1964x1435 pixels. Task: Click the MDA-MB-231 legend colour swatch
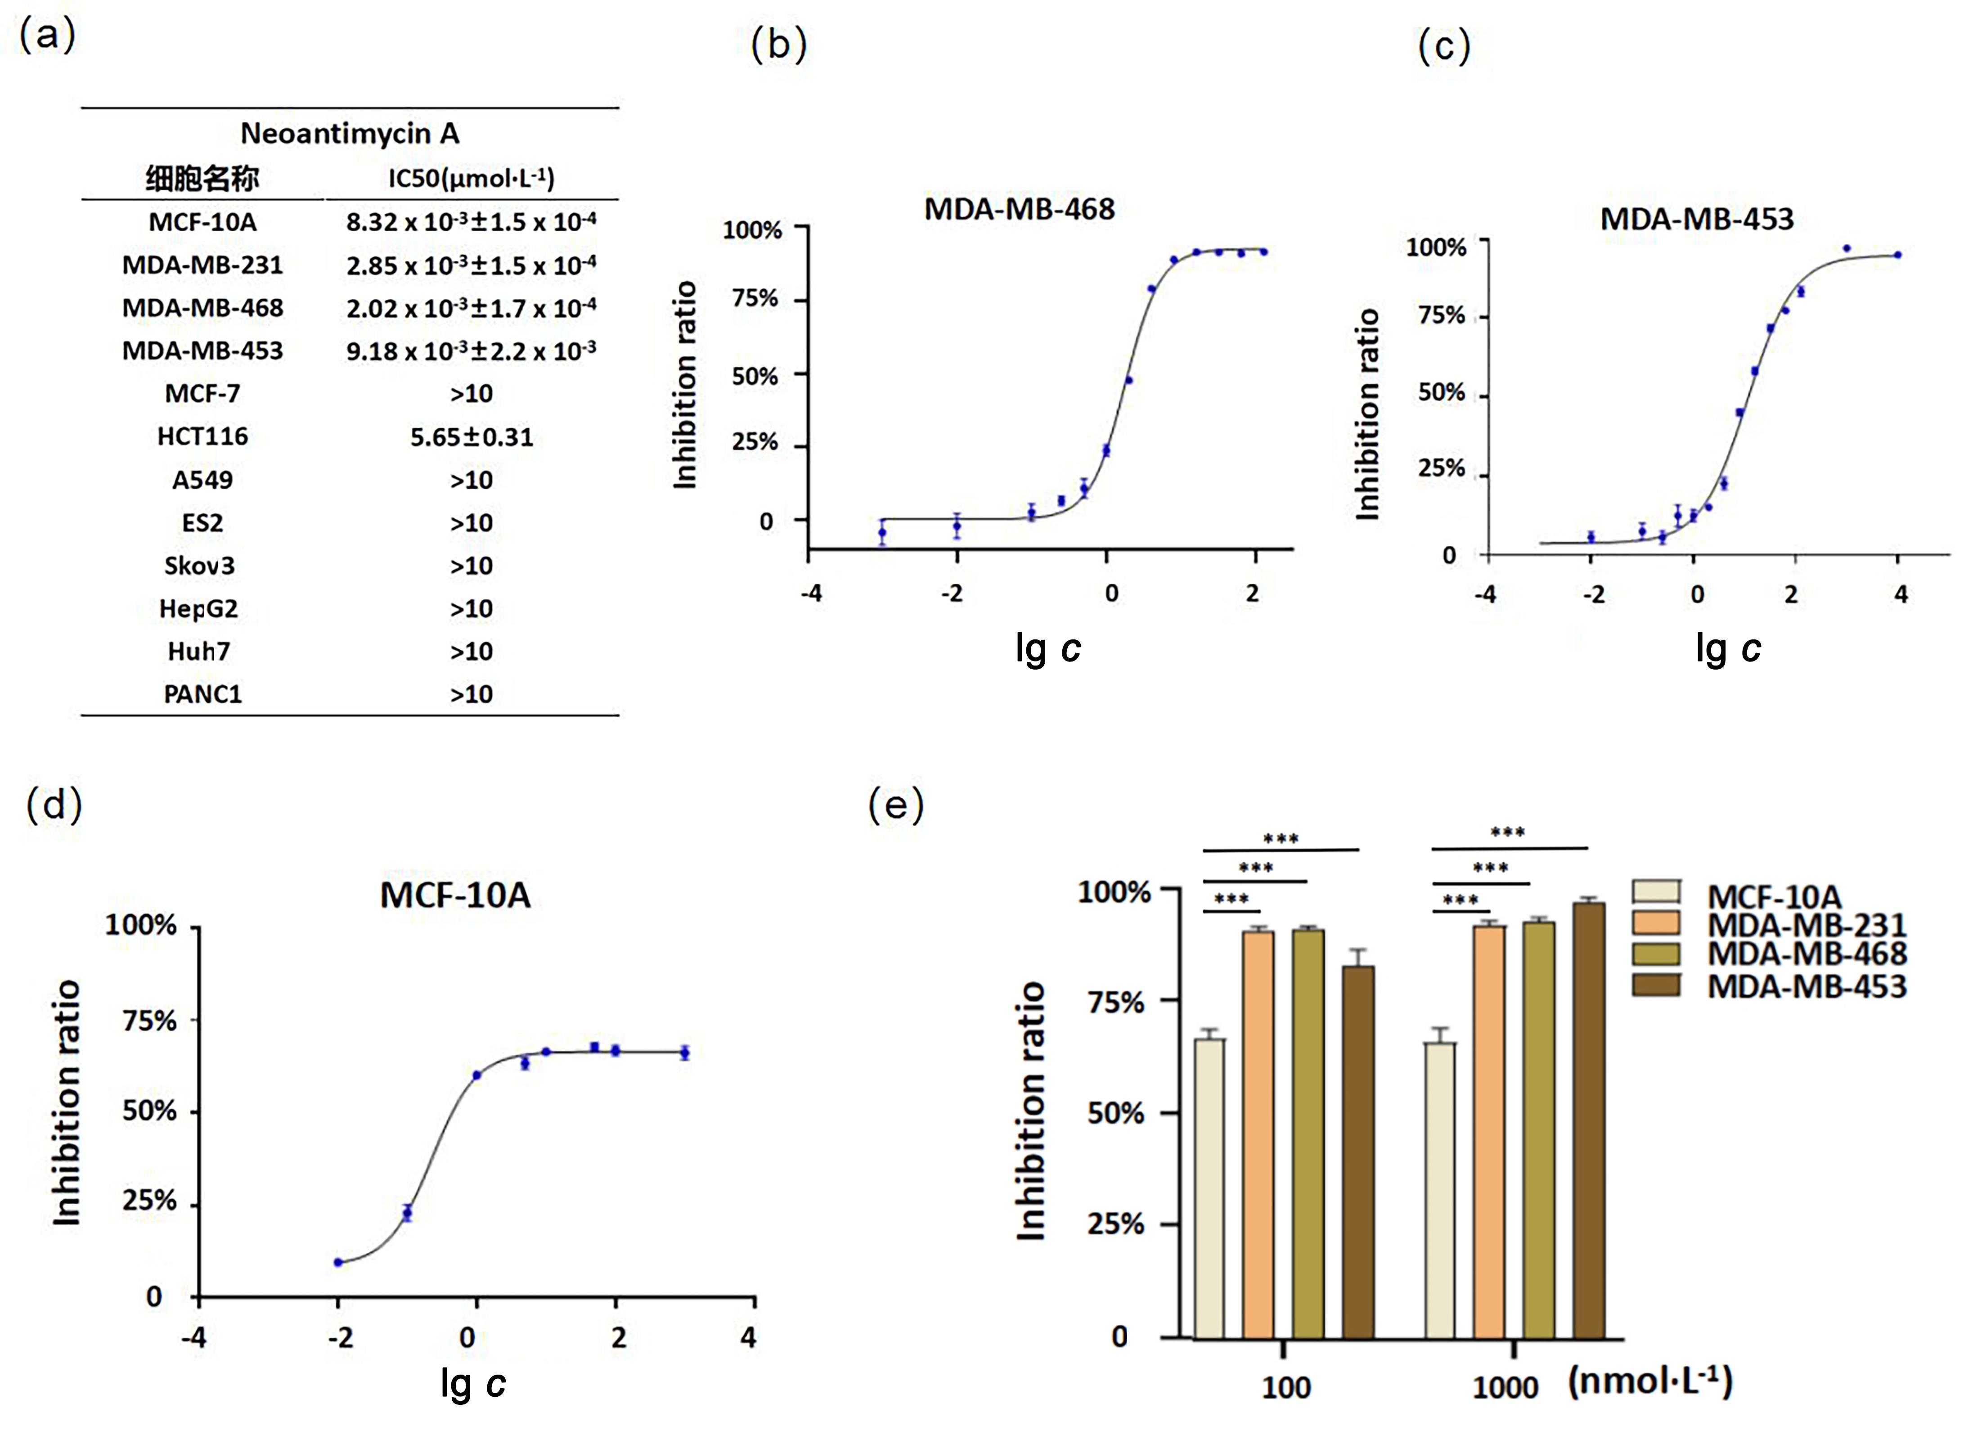pyautogui.click(x=1656, y=922)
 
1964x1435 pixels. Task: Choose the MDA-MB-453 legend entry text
pyautogui.click(x=1807, y=986)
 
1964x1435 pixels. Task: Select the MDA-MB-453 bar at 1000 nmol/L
pyautogui.click(x=1589, y=1120)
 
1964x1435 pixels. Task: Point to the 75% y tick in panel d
pyautogui.click(x=149, y=1021)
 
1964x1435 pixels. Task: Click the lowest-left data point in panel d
pyautogui.click(x=338, y=1262)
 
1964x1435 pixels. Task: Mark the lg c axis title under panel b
pyautogui.click(x=1047, y=648)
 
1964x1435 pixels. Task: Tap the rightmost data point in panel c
pyautogui.click(x=1898, y=255)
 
